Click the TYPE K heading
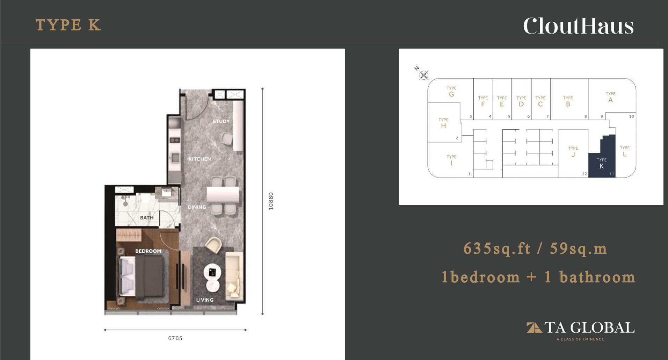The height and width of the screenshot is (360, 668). click(68, 25)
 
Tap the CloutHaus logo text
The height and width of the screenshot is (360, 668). click(578, 26)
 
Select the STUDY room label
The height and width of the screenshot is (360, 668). click(221, 121)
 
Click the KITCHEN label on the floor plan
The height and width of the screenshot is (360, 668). click(199, 159)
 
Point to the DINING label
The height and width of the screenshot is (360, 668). click(197, 207)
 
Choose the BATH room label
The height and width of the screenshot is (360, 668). click(147, 217)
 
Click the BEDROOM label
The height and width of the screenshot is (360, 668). click(148, 251)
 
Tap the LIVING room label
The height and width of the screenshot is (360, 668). click(205, 300)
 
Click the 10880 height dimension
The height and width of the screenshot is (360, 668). click(271, 201)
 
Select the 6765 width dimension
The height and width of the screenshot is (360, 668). click(175, 338)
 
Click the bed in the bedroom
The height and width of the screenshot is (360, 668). click(141, 276)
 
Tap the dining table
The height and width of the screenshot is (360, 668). click(223, 195)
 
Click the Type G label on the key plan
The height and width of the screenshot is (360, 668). click(451, 92)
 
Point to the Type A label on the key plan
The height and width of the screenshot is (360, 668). click(610, 97)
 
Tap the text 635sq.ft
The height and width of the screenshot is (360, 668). click(497, 249)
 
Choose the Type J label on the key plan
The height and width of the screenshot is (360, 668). click(573, 152)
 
